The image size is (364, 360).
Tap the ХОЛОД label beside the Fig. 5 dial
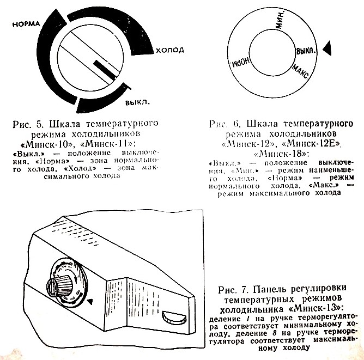coord(169,50)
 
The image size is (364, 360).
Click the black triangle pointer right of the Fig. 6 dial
coord(327,49)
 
